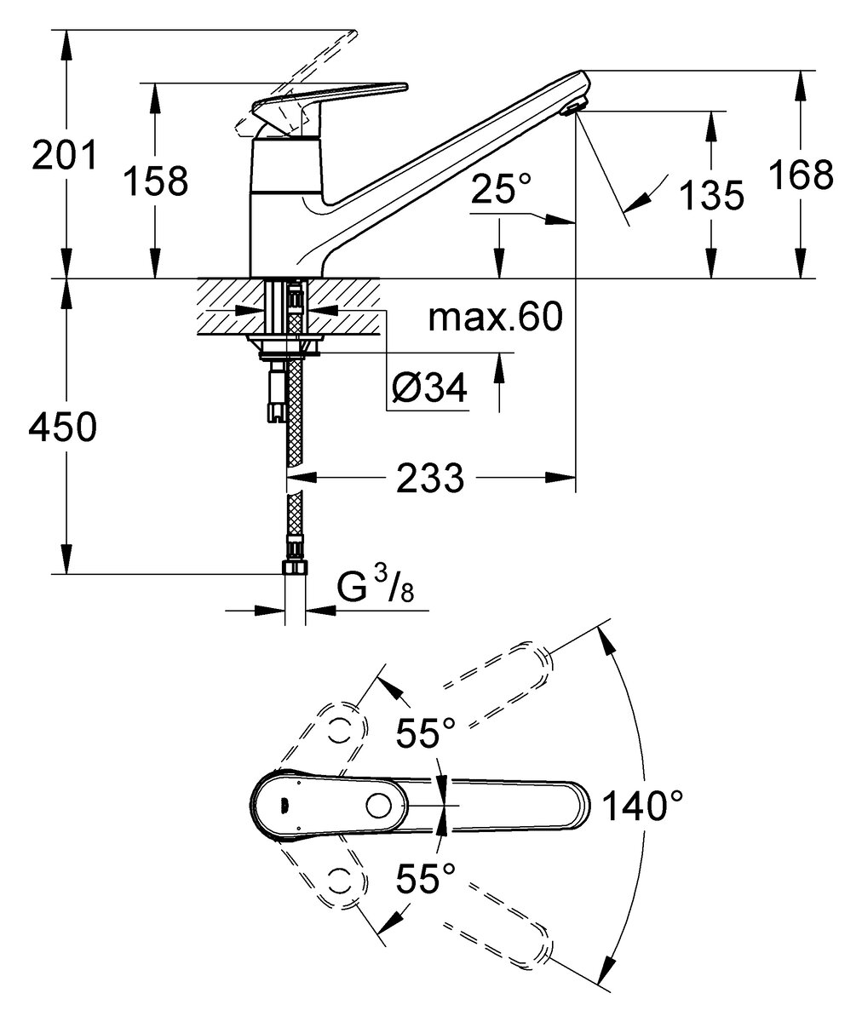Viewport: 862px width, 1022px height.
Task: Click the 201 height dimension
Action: pos(65,155)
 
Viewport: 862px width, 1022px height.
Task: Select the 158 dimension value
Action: pos(155,181)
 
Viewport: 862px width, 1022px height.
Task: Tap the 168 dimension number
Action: pos(800,175)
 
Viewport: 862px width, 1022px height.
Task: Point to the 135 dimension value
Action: pos(711,196)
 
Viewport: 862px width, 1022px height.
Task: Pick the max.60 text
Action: pos(495,319)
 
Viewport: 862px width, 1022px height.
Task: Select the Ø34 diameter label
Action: pos(428,390)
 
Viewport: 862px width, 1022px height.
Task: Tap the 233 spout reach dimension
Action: pos(429,478)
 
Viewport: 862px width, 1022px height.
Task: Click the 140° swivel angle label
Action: pos(643,804)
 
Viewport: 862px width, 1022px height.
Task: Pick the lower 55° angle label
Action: pos(426,876)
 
